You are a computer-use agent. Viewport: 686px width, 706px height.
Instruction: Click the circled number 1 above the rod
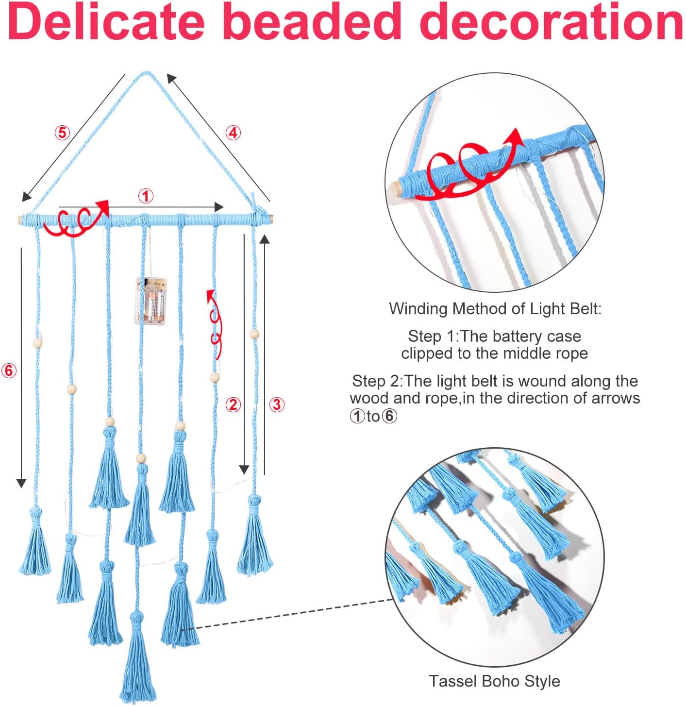(146, 196)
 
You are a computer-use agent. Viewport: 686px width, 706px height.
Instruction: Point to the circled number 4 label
(233, 133)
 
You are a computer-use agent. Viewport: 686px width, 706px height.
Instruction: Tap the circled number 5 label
(62, 133)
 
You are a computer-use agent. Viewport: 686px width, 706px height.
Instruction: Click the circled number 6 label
(9, 371)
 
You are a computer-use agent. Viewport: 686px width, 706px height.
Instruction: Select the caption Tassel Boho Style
(494, 681)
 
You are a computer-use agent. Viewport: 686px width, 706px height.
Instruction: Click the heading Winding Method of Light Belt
(495, 309)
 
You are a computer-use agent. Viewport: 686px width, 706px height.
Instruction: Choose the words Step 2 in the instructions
(377, 381)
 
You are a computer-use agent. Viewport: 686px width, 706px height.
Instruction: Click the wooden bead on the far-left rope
(38, 342)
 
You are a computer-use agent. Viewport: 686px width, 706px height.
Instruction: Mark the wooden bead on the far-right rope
(254, 334)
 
